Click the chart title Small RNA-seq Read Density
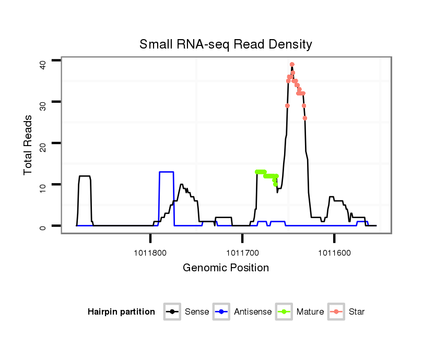[x=226, y=44]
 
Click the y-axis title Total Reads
[x=29, y=145]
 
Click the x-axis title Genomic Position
[x=226, y=268]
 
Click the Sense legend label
[x=197, y=312]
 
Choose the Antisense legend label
[x=253, y=312]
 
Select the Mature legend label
[x=310, y=312]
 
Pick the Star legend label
[x=357, y=312]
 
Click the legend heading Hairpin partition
[x=121, y=312]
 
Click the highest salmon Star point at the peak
[x=292, y=64]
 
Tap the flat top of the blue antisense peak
[x=166, y=172]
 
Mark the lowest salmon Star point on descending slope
[x=304, y=118]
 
